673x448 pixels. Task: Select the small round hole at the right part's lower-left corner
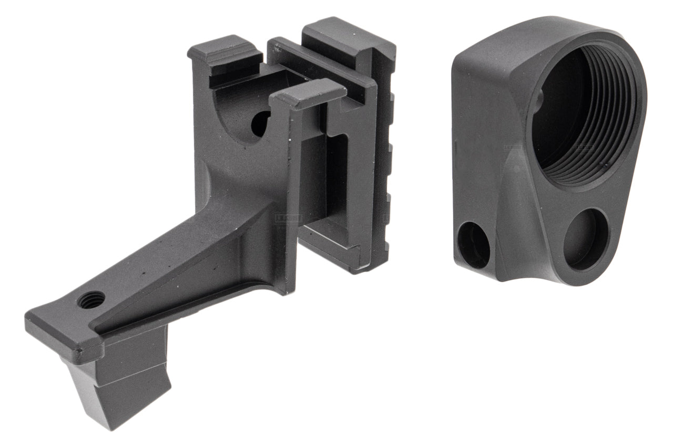pos(474,244)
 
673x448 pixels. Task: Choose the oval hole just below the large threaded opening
pos(586,239)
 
